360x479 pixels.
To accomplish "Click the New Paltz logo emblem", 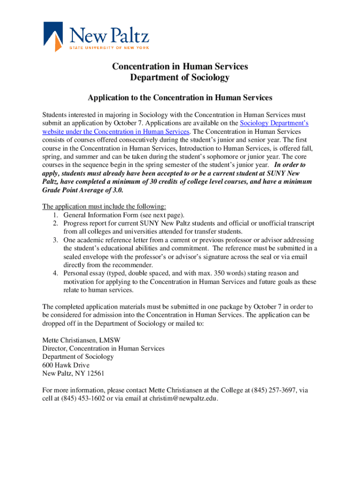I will (53, 36).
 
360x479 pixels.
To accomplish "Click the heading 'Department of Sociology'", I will (180, 78).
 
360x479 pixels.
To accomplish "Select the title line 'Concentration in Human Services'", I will (180, 66).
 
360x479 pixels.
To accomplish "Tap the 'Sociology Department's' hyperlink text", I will (274, 123).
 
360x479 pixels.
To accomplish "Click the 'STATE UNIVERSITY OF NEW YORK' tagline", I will (109, 48).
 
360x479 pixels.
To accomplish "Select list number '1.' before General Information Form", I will (55, 215).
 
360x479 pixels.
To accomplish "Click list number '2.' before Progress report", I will (55, 223).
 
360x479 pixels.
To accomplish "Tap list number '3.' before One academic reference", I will (55, 240).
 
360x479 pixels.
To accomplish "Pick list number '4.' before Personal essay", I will (55, 273).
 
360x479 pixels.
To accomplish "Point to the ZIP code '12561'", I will (94, 373).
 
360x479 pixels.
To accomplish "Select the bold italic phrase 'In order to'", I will (290, 165).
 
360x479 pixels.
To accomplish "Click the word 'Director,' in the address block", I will (55, 348).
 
